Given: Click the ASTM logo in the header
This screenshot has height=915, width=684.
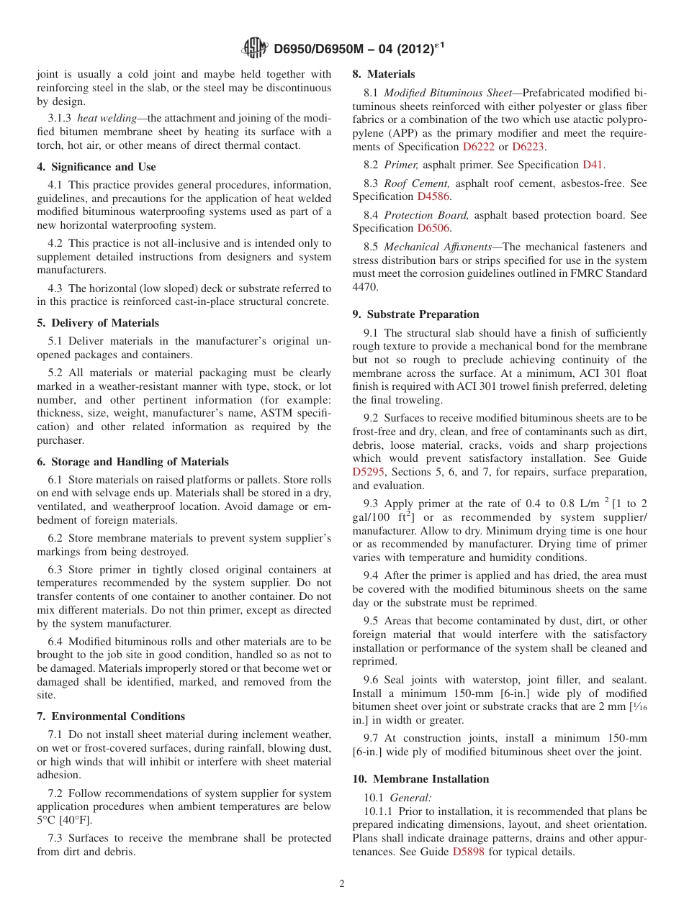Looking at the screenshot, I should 255,49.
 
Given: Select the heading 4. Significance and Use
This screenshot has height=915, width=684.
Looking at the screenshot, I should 96,167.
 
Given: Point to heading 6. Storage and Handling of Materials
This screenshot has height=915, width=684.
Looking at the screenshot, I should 132,462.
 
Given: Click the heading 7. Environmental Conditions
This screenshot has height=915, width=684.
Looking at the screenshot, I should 111,716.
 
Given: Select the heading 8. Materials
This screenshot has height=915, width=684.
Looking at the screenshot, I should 383,74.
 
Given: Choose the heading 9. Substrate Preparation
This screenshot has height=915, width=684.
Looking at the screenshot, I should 415,314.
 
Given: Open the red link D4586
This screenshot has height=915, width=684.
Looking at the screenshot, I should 434,196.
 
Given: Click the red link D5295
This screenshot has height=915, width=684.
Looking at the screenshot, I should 369,472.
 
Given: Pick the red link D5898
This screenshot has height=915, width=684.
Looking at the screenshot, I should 469,852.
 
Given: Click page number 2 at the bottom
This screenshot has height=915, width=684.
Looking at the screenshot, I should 342,884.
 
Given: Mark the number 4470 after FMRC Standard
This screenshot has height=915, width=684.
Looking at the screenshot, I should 364,287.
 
